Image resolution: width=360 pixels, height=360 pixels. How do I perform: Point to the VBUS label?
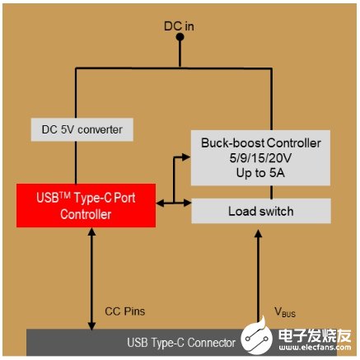pyautogui.click(x=285, y=311)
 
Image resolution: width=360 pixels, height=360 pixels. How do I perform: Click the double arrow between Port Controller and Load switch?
pyautogui.click(x=175, y=201)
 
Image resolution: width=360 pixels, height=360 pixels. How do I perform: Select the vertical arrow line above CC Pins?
pyautogui.click(x=87, y=280)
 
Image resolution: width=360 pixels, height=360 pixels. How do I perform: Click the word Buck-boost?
pyautogui.click(x=233, y=142)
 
